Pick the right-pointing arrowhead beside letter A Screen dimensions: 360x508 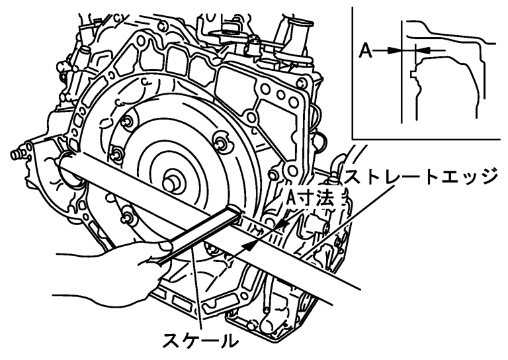click(x=397, y=50)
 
